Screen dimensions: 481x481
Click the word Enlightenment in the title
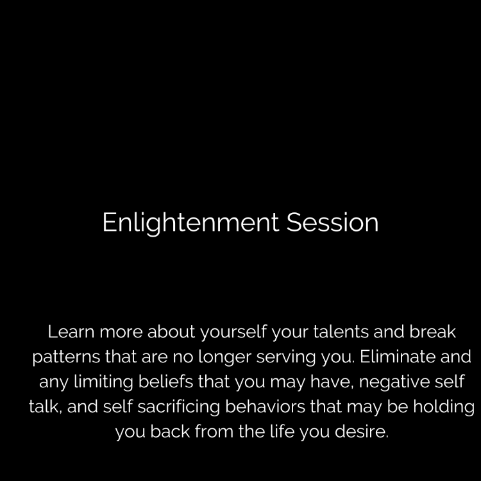click(190, 223)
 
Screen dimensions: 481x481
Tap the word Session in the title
click(332, 222)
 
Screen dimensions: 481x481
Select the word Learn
click(71, 332)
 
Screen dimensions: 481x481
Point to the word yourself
click(233, 333)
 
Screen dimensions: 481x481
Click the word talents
click(341, 332)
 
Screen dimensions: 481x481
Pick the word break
click(432, 332)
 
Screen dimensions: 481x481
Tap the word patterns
click(66, 358)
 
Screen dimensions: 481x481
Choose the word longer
click(225, 357)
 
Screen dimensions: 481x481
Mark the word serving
click(286, 358)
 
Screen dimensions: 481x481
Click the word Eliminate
click(397, 356)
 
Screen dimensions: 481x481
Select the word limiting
click(103, 382)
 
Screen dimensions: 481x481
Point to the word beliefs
click(165, 381)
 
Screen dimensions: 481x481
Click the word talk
click(46, 406)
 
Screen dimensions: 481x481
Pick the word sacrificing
click(178, 407)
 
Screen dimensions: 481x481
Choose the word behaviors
click(265, 406)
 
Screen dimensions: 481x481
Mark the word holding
click(444, 407)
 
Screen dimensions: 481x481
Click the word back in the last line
click(170, 431)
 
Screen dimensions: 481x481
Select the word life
click(282, 431)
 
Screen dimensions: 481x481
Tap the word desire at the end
click(361, 431)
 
